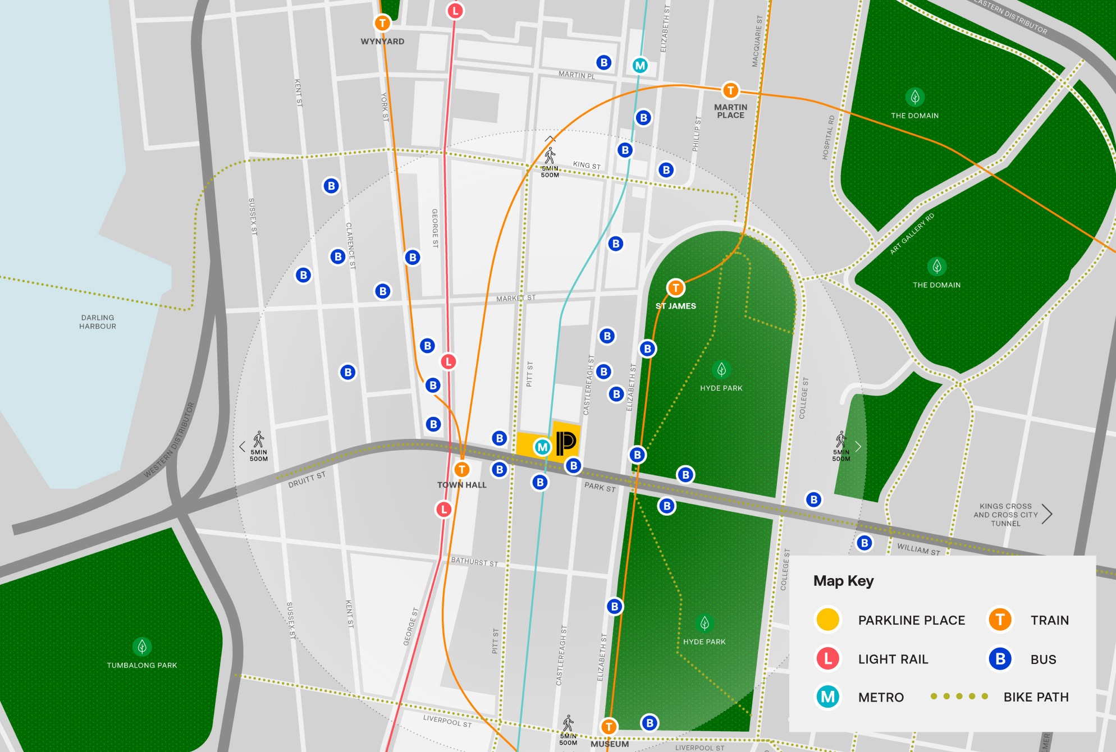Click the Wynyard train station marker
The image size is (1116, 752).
point(382,24)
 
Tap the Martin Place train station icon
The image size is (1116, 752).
point(730,90)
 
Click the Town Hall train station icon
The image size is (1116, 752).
point(461,470)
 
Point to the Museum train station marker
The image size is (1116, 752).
point(609,727)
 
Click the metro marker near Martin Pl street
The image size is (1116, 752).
point(640,66)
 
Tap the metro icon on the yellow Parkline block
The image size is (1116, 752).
point(542,447)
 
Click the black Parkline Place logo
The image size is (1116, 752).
point(566,443)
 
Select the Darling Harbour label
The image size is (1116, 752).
point(98,322)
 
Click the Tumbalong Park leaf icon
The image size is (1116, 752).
point(142,646)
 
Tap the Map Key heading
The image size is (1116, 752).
point(843,581)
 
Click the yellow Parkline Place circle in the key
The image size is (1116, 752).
point(827,620)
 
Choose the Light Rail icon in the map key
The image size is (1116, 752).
point(827,659)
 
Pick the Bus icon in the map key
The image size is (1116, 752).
point(1000,659)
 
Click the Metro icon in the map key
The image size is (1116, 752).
point(827,697)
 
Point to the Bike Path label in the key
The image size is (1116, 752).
point(1036,697)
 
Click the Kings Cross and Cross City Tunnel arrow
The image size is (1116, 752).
point(1047,514)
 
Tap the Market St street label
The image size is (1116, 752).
point(516,299)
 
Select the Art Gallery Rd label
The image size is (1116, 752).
point(912,234)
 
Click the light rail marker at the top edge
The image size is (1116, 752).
point(455,11)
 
